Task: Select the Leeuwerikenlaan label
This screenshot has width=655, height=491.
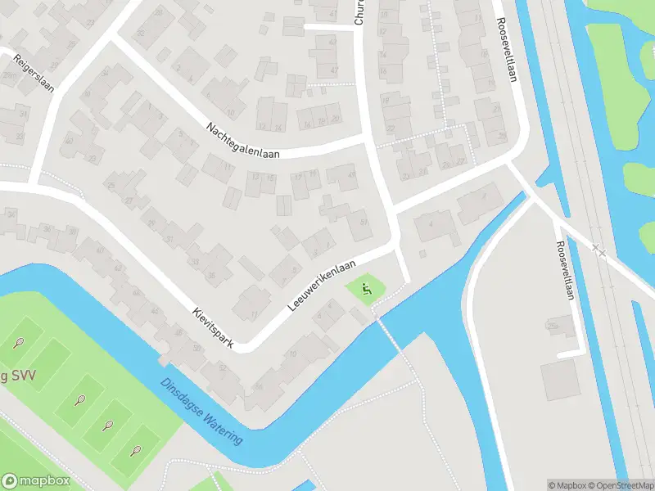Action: tap(323, 286)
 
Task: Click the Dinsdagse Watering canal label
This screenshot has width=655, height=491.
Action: tap(201, 411)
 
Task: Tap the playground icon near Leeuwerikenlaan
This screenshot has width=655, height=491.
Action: tap(366, 288)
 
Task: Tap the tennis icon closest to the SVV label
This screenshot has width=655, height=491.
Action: tap(19, 343)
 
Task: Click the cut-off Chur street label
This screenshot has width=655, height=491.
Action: tap(359, 13)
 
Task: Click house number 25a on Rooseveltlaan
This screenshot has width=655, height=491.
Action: tap(553, 325)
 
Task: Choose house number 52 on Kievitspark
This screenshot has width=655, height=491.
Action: tap(221, 367)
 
